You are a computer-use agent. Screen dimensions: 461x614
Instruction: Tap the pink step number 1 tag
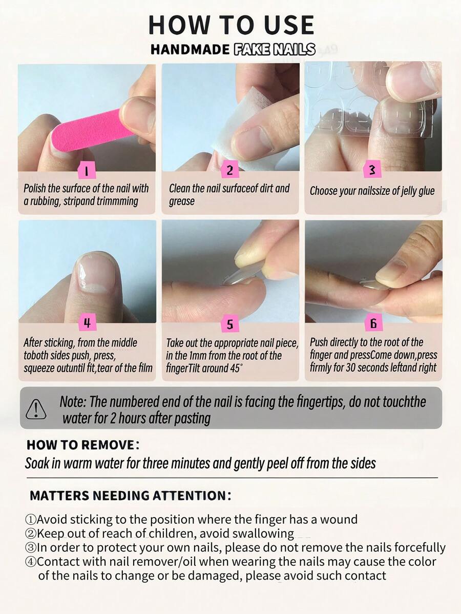87,170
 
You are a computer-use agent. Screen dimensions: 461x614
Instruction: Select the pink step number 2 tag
229,170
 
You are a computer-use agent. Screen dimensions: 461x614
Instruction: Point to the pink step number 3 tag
372,170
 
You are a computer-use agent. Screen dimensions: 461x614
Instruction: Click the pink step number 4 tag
87,323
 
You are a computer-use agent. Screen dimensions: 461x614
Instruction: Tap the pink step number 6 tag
373,323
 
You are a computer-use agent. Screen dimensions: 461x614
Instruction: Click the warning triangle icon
36,409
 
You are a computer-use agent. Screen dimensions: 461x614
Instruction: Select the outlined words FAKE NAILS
275,49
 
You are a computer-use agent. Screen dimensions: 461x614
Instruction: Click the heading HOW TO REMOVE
83,445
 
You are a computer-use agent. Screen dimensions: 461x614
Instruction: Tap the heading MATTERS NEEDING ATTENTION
130,495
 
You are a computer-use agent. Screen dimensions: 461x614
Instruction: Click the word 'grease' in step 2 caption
181,201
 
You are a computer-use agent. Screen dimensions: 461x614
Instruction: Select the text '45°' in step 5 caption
235,368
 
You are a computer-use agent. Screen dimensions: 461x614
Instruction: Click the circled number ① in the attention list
31,520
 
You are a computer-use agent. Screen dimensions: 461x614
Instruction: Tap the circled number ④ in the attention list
31,562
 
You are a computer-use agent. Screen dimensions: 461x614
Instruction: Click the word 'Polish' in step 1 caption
34,188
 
